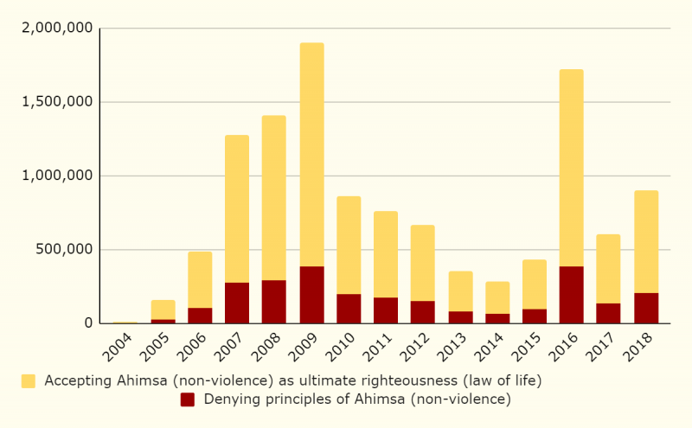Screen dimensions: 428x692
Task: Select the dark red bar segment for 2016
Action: tap(571, 295)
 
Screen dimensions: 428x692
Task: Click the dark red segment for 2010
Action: tap(349, 309)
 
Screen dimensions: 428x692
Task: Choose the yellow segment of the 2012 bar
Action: tap(422, 263)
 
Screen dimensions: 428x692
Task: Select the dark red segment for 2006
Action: tap(200, 316)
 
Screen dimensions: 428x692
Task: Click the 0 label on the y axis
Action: tap(87, 324)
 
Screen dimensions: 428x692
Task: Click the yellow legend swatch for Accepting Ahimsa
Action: tap(29, 380)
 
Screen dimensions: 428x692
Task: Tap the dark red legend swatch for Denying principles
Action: tap(188, 399)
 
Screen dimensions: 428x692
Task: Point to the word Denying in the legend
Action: tap(229, 399)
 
